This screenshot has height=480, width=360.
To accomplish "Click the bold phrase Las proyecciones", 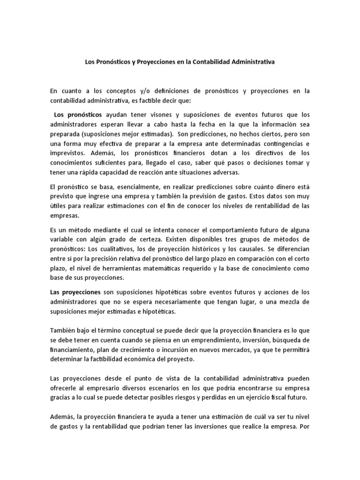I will click(75, 292).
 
